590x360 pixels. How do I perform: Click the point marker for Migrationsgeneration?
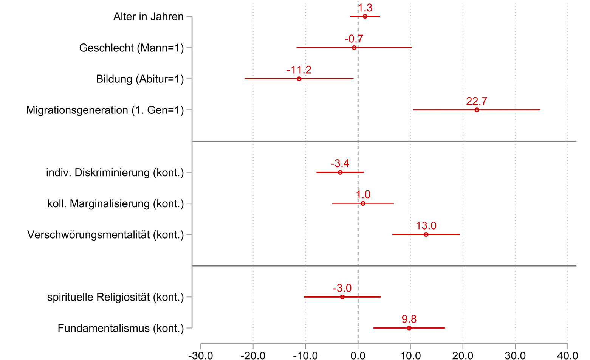pos(477,110)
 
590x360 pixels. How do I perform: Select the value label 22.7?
pos(477,101)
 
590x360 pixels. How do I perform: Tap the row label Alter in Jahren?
pos(149,17)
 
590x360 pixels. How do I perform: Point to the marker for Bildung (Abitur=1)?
pos(299,79)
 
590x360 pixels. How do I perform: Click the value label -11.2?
pos(299,70)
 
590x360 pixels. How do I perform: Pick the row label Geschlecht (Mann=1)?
pos(132,48)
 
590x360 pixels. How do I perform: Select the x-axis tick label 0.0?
pos(358,355)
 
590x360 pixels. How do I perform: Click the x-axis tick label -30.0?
pos(200,355)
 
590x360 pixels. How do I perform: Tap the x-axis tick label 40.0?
pos(567,355)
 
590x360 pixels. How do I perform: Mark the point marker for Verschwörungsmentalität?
pos(426,234)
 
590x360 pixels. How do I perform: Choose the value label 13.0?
pos(426,226)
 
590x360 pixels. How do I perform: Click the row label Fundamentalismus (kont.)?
pos(121,328)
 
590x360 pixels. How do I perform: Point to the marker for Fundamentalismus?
pos(409,328)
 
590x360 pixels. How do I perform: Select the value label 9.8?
pos(409,319)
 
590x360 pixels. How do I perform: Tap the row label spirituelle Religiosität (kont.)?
pos(115,297)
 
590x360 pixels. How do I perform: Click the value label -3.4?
pos(340,163)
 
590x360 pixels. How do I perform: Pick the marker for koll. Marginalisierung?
pos(363,203)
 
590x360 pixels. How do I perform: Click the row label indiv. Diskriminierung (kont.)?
pos(115,173)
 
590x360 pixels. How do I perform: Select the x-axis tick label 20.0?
pos(463,355)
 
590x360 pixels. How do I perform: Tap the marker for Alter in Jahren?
pos(365,16)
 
